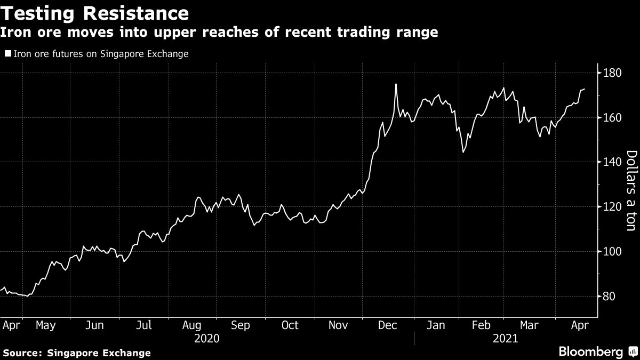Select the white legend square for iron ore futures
(x=7, y=54)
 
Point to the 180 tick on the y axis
(x=612, y=73)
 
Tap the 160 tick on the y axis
(x=612, y=117)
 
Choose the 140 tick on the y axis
(x=612, y=162)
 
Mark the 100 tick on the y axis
(x=612, y=252)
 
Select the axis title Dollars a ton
(x=630, y=191)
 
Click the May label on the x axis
(x=45, y=325)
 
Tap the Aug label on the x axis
(x=191, y=325)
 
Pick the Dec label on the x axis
(x=387, y=325)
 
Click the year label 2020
(x=207, y=338)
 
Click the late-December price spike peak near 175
(x=396, y=84)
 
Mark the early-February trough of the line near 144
(x=463, y=152)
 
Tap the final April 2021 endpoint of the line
(x=585, y=89)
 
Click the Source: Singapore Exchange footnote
(x=77, y=353)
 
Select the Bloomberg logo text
(x=590, y=352)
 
